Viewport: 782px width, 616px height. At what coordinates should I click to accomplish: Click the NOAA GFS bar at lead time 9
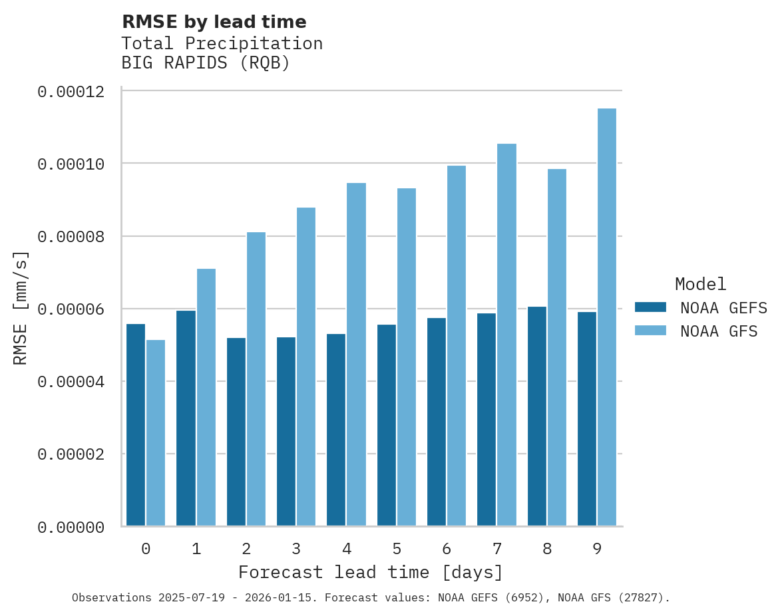coord(606,317)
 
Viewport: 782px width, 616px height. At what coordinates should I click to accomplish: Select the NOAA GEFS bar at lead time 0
coord(136,425)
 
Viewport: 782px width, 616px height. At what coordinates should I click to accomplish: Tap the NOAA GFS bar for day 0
coord(156,433)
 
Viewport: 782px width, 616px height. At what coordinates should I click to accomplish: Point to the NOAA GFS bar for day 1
coord(206,397)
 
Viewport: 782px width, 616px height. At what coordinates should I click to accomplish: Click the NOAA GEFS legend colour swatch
coord(650,307)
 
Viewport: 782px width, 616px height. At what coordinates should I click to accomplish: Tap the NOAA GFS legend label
coord(719,331)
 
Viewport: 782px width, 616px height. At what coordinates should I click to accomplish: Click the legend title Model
coord(700,284)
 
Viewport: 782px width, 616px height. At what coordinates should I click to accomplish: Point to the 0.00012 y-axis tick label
coord(71,92)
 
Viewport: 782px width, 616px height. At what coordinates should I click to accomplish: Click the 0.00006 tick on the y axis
coord(71,309)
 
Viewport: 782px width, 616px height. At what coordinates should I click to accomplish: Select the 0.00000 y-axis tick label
coord(71,528)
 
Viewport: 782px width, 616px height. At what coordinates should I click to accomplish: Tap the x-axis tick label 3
coord(296,549)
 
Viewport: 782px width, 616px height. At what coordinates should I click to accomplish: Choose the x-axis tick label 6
coord(447,549)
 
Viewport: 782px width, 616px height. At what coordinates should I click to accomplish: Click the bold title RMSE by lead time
coord(214,22)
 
